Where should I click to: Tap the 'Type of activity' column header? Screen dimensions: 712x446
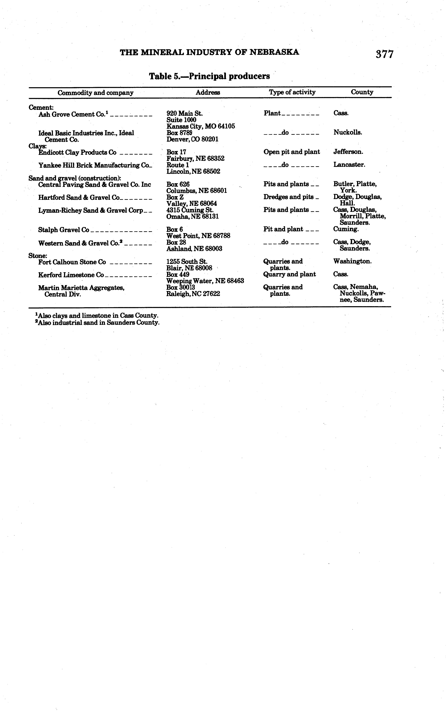coord(292,92)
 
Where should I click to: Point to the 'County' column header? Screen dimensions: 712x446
coord(362,92)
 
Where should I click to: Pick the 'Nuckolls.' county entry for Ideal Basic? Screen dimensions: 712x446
coord(347,132)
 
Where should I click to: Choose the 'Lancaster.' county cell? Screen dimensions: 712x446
coord(349,165)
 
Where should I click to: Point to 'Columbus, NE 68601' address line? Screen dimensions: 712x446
coord(196,191)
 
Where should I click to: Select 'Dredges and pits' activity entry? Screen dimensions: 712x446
coord(288,197)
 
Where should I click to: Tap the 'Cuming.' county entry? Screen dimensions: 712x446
coord(346,229)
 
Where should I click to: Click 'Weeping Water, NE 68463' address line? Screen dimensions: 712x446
coord(205,281)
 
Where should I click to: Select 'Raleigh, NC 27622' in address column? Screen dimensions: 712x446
coord(193,294)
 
